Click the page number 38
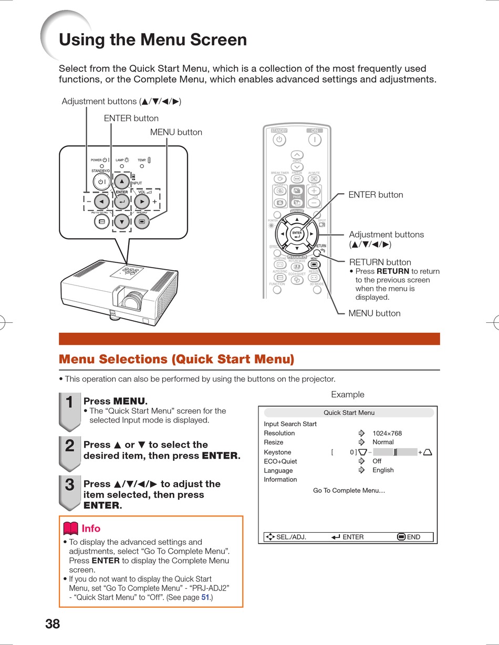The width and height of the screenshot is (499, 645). (x=53, y=624)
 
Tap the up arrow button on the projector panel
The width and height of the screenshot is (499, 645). (x=122, y=182)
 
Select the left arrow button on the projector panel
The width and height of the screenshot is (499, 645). (x=102, y=201)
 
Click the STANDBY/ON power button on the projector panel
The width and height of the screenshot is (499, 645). (x=101, y=182)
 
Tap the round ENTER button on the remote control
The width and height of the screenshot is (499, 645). (x=297, y=234)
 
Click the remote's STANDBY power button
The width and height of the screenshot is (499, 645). (x=279, y=140)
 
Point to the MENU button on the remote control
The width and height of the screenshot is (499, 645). (x=314, y=264)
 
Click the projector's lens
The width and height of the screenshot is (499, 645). (x=133, y=301)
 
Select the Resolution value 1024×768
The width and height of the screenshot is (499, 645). (x=387, y=433)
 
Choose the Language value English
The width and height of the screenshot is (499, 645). (x=383, y=470)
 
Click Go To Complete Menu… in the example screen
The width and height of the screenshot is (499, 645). (x=349, y=491)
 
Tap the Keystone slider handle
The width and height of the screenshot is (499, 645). (x=396, y=452)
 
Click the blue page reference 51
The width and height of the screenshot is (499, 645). (x=205, y=597)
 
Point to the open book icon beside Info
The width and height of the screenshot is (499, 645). (x=70, y=528)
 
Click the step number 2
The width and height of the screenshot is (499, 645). (x=69, y=446)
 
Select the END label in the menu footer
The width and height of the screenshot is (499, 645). (x=413, y=537)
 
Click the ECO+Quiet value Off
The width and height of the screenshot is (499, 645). (x=377, y=461)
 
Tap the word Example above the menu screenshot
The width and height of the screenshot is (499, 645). (x=347, y=395)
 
